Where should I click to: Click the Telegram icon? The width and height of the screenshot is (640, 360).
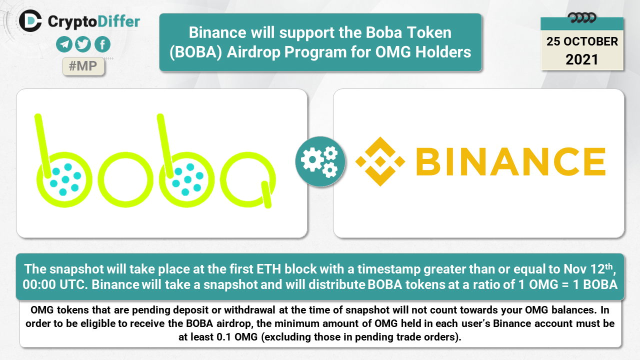64,44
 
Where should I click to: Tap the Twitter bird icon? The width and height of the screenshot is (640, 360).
83,44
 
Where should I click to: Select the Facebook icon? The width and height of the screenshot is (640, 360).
102,44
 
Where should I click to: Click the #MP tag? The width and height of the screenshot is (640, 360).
83,66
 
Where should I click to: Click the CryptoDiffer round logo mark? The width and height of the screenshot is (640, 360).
30,21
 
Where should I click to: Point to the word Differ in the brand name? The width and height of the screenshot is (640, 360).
118,21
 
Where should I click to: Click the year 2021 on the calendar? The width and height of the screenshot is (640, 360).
582,59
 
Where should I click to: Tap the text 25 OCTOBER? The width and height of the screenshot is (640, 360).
582,41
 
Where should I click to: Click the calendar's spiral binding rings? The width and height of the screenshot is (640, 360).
582,18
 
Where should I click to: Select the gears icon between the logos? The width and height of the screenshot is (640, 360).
320,161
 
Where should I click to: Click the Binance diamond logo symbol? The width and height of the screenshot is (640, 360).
380,161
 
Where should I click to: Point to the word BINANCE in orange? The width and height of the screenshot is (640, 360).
511,161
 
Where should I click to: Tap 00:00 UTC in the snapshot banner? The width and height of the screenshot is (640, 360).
55,284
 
